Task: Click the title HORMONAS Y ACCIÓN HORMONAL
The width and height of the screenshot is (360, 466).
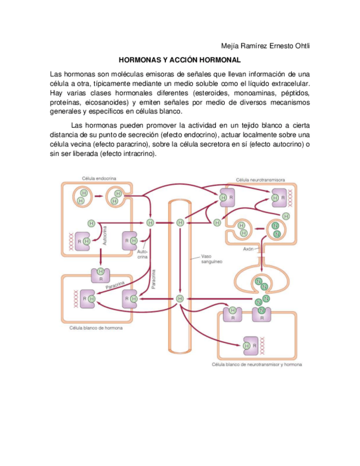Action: coord(180,59)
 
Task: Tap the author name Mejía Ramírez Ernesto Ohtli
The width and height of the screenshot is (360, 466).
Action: coord(265,46)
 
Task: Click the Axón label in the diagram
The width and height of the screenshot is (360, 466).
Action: coord(248,248)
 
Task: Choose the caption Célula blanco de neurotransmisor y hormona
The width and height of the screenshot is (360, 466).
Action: coord(257,364)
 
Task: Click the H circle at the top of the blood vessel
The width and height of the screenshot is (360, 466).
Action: coord(180,223)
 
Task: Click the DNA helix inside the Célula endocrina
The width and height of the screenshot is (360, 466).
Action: coord(70,240)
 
